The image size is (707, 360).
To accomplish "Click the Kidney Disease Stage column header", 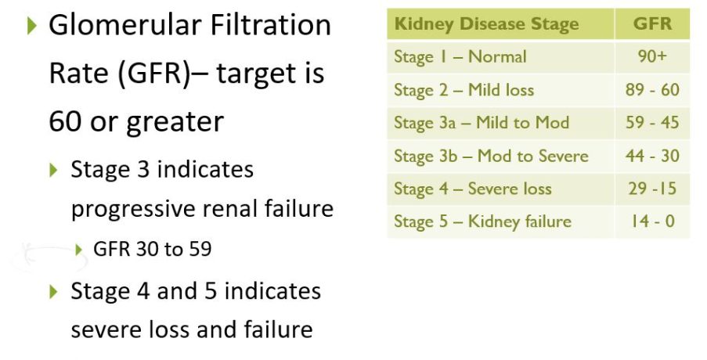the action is (486, 24).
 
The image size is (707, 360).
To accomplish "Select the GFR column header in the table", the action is (652, 23).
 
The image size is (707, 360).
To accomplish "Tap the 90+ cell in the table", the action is (652, 56).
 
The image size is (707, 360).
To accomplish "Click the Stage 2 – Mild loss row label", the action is (464, 90).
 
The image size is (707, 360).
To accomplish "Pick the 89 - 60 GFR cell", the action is (652, 90).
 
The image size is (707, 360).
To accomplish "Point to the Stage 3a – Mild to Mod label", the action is (482, 123).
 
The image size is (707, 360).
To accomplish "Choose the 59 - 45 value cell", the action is (652, 123).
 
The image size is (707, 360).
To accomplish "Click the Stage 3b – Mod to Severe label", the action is (491, 156).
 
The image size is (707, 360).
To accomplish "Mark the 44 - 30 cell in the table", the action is (652, 156).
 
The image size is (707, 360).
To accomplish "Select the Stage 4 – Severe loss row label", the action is (473, 189).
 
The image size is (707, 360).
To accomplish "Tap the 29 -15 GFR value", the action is (652, 189).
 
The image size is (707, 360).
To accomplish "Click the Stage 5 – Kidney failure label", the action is (482, 221).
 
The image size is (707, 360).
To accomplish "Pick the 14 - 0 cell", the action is (652, 221).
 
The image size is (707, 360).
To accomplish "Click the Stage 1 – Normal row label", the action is (460, 57).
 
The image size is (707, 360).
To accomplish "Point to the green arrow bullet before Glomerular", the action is (31, 25).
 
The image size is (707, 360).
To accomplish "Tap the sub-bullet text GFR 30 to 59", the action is (153, 249).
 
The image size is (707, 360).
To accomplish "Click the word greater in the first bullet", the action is (175, 122).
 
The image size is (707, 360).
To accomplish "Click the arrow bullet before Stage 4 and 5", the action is (54, 291).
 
